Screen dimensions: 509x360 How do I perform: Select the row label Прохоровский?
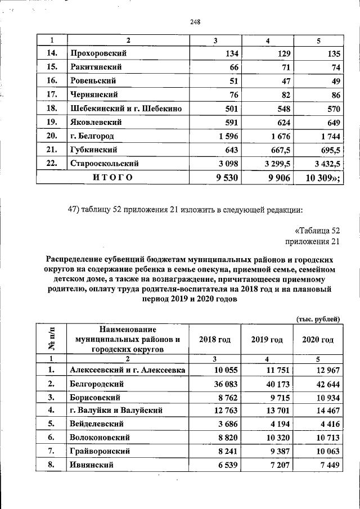click(97, 53)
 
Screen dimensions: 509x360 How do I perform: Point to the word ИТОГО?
click(113, 178)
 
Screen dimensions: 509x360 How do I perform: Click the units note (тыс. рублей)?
click(318, 319)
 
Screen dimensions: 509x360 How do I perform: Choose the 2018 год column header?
click(215, 340)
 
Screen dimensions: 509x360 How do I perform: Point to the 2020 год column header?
click(318, 340)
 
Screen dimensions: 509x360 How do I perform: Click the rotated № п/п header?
click(52, 339)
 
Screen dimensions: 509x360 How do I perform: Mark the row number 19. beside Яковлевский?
click(51, 122)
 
